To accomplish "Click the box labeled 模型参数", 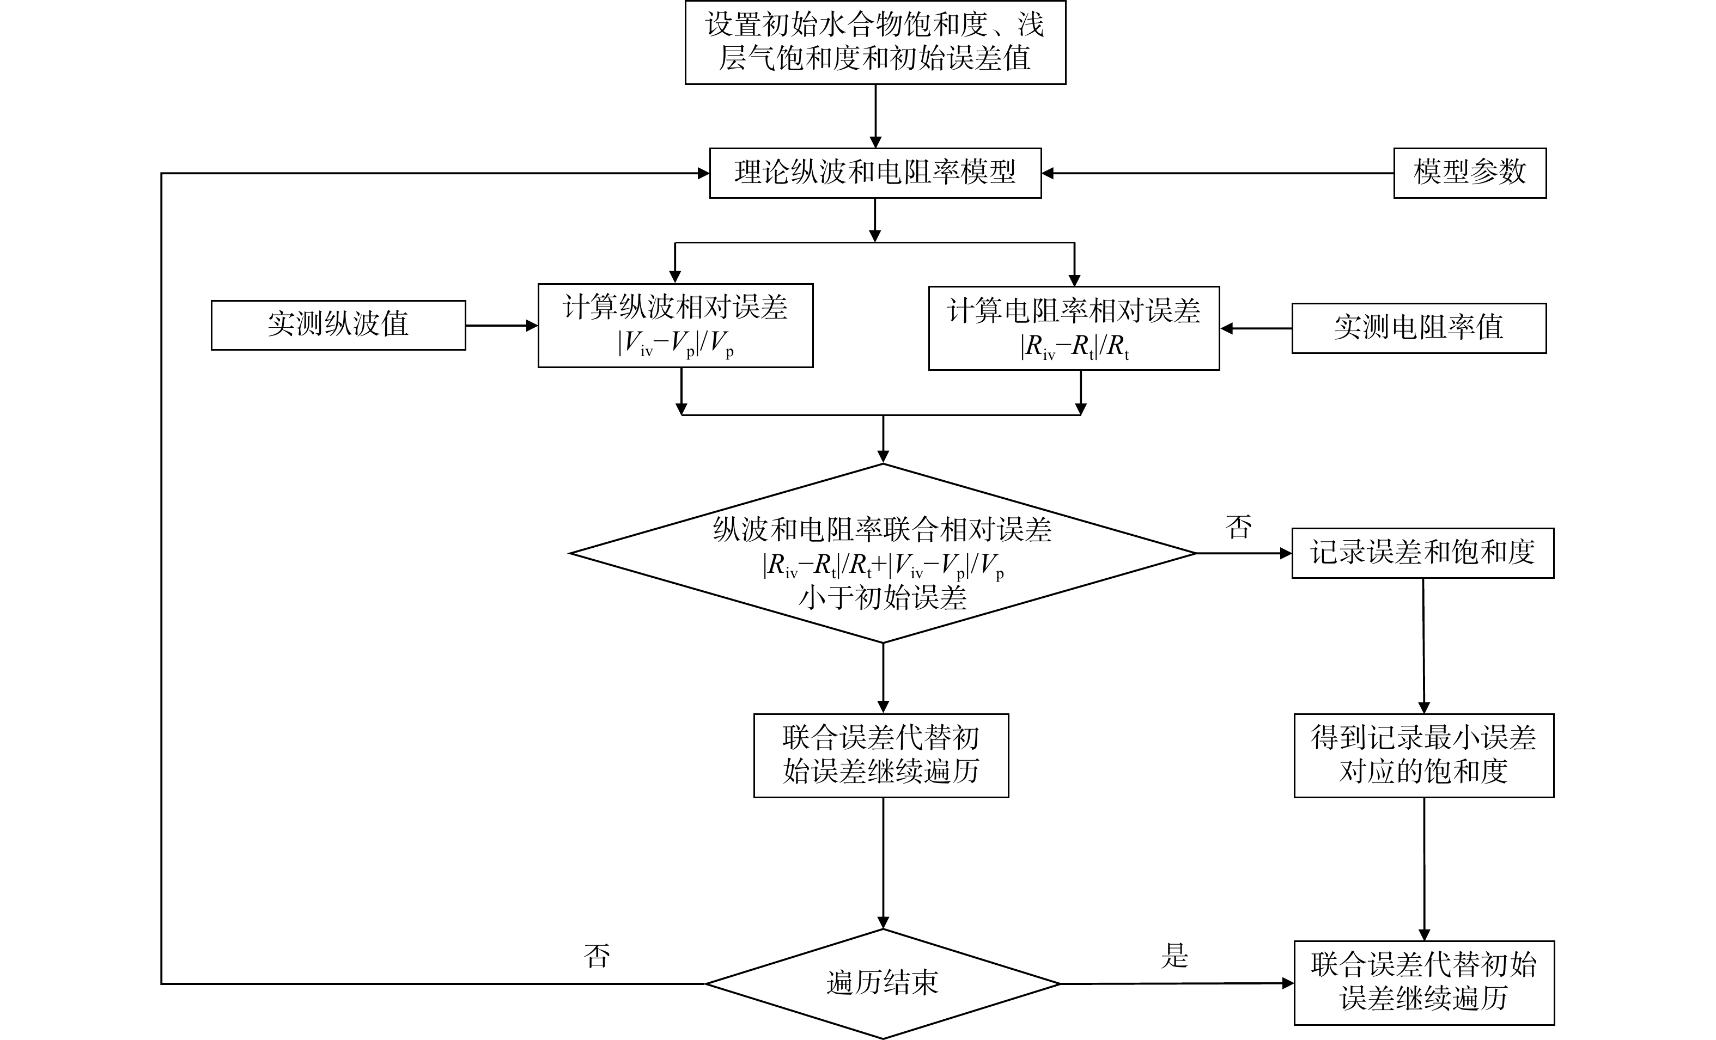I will [x=1469, y=173].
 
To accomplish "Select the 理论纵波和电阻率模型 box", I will [x=875, y=173].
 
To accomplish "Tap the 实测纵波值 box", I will [x=338, y=325].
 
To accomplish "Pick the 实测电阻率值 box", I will [x=1419, y=328].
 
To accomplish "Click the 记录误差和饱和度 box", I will [x=1422, y=553].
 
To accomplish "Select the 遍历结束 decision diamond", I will [x=883, y=983].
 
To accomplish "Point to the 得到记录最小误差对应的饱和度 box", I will [x=1423, y=755].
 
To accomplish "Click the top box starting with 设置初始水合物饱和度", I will [x=875, y=42].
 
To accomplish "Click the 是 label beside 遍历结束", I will [x=1174, y=956].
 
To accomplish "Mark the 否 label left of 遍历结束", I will [x=597, y=956].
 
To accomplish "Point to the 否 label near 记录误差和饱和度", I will [x=1238, y=527].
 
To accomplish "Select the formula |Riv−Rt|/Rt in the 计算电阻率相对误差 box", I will [x=1074, y=347].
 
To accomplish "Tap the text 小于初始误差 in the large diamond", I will [x=883, y=598].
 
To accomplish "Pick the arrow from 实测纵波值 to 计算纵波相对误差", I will [x=501, y=325].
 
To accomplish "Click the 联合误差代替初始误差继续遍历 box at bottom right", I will [x=1423, y=982].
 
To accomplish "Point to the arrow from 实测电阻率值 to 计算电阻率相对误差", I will [x=1256, y=328].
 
